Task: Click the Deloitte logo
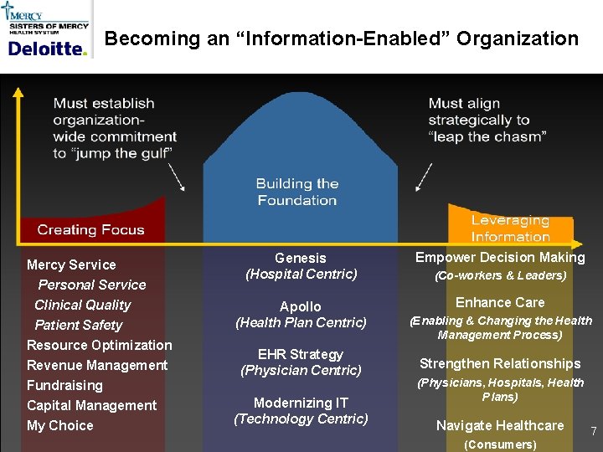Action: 47,49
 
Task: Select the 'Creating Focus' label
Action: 90,230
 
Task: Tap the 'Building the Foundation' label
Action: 297,192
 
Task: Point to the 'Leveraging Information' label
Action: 510,229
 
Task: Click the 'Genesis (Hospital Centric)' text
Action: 301,266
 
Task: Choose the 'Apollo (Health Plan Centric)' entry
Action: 301,315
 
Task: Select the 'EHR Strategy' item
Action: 301,354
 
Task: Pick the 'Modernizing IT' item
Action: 301,403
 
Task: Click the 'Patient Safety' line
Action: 78,325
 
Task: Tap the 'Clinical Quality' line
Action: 82,305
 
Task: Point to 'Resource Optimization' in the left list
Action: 99,345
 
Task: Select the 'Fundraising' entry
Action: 64,385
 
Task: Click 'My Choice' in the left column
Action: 60,425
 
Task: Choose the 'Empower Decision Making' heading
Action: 500,258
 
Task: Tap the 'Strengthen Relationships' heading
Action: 500,363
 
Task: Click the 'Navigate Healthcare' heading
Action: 500,425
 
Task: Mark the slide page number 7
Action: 593,431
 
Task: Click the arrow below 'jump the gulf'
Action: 177,177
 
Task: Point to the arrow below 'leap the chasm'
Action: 425,177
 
